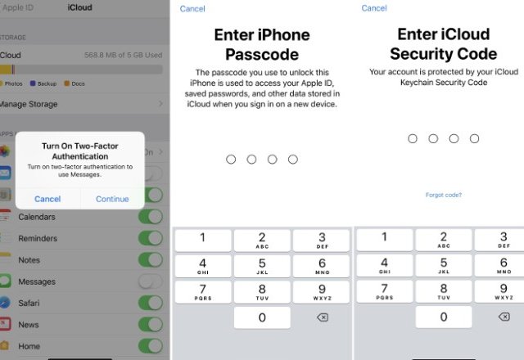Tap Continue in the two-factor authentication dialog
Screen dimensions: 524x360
[x=112, y=199]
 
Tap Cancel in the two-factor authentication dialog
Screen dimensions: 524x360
[x=47, y=199]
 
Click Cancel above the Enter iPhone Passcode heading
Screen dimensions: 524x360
[x=192, y=9]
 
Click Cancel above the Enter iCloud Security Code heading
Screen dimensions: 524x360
[x=374, y=8]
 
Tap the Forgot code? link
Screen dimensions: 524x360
[x=444, y=195]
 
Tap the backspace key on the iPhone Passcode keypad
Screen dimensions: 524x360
[x=323, y=317]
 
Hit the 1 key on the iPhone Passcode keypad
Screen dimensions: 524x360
[x=203, y=240]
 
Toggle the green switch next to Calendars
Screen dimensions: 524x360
[x=151, y=216]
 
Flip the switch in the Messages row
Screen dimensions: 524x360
[x=151, y=281]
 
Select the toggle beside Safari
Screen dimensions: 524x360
[x=151, y=303]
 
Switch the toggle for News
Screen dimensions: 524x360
[x=151, y=325]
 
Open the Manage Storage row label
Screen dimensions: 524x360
[x=29, y=104]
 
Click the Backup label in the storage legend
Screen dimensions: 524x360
[x=47, y=83]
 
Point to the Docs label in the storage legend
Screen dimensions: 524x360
[x=79, y=83]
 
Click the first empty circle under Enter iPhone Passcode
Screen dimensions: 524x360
[x=231, y=160]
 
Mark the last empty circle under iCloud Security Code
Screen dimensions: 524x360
[x=474, y=138]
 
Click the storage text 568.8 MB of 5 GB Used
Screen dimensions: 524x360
[x=124, y=55]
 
